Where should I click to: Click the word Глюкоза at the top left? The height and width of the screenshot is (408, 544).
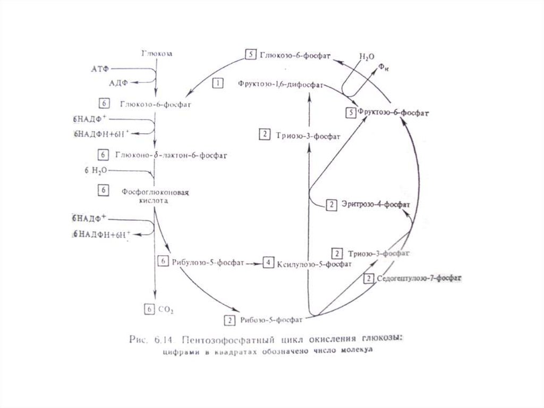157,54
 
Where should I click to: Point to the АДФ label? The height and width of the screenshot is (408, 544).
118,83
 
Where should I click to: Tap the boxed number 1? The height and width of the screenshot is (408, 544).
218,83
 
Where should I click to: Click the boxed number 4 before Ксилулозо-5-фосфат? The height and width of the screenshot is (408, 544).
269,263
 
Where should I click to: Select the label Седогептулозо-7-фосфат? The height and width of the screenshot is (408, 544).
419,278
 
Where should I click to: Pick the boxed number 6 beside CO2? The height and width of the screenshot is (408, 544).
150,308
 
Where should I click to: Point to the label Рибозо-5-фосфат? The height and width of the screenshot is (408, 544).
271,320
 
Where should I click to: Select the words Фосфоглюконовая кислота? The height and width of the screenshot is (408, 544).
156,196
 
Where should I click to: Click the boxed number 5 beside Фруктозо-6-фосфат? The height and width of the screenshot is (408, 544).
350,112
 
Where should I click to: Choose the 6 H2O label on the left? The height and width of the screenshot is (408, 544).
95,170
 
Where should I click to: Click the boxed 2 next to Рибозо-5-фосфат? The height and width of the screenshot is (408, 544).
229,320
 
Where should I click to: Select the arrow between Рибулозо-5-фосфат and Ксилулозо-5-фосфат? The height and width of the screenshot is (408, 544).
254,263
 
